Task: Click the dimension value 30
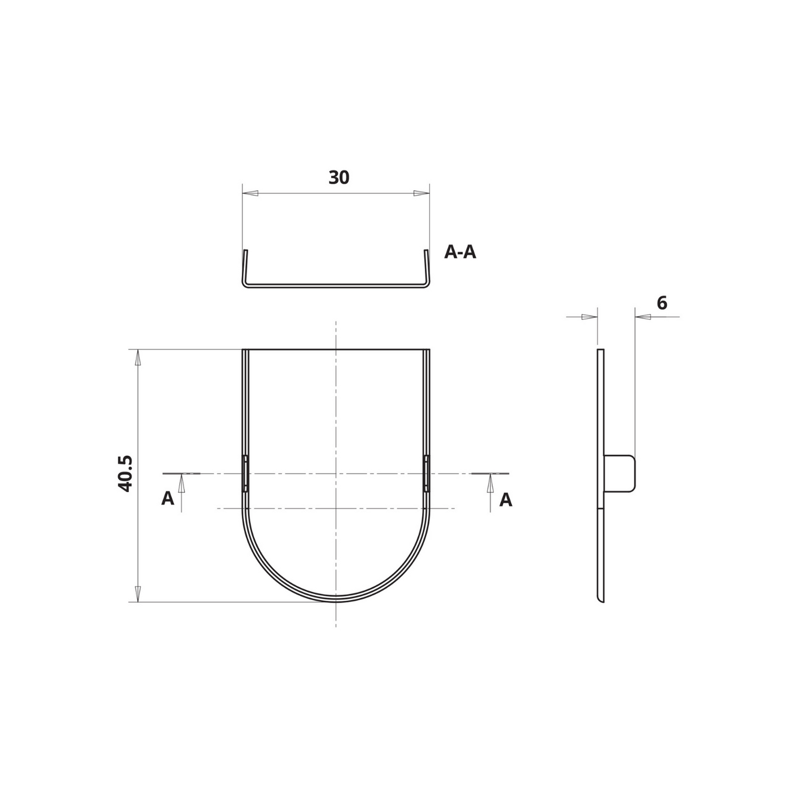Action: (x=339, y=178)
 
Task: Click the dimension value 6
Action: (x=662, y=303)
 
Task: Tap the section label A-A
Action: (x=460, y=253)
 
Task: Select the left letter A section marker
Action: (x=167, y=499)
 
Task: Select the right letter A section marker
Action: (x=506, y=499)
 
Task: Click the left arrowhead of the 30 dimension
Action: (x=250, y=193)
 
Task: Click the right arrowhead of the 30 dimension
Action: (x=422, y=193)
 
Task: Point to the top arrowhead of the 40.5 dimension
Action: (x=138, y=357)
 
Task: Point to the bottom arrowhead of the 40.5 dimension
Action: (x=138, y=594)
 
